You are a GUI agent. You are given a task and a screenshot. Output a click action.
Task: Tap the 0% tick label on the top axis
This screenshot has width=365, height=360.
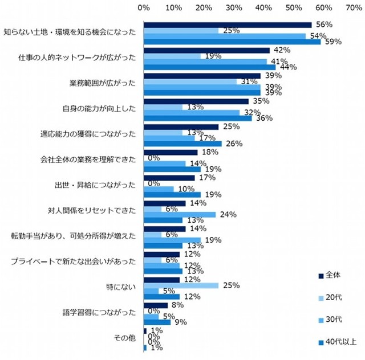click(x=144, y=7)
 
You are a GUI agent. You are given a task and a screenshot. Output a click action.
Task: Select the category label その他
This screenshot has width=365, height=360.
click(x=125, y=338)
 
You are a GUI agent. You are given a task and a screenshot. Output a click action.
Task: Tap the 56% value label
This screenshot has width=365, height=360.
click(x=324, y=24)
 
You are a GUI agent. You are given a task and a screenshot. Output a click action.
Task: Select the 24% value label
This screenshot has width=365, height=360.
click(x=228, y=215)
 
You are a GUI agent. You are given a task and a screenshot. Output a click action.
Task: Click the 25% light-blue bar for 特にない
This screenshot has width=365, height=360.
click(x=181, y=285)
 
